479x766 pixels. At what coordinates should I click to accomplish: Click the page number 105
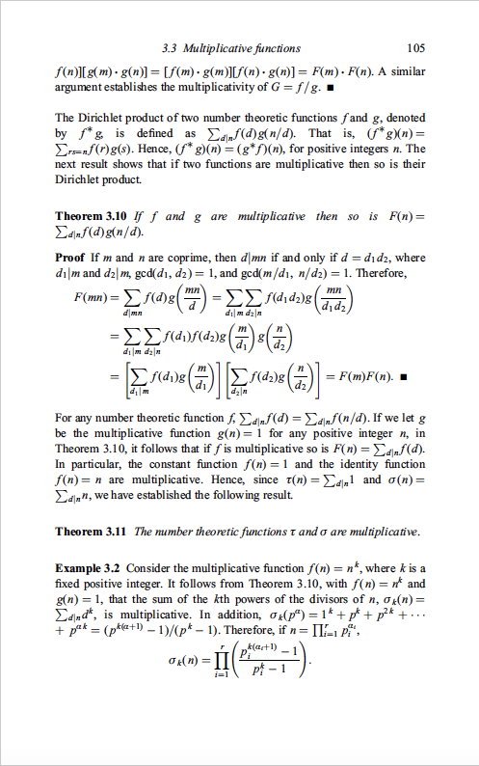click(x=416, y=48)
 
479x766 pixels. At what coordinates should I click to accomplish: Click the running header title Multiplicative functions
click(x=252, y=48)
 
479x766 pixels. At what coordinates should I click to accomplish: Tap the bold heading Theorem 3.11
click(x=94, y=532)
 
